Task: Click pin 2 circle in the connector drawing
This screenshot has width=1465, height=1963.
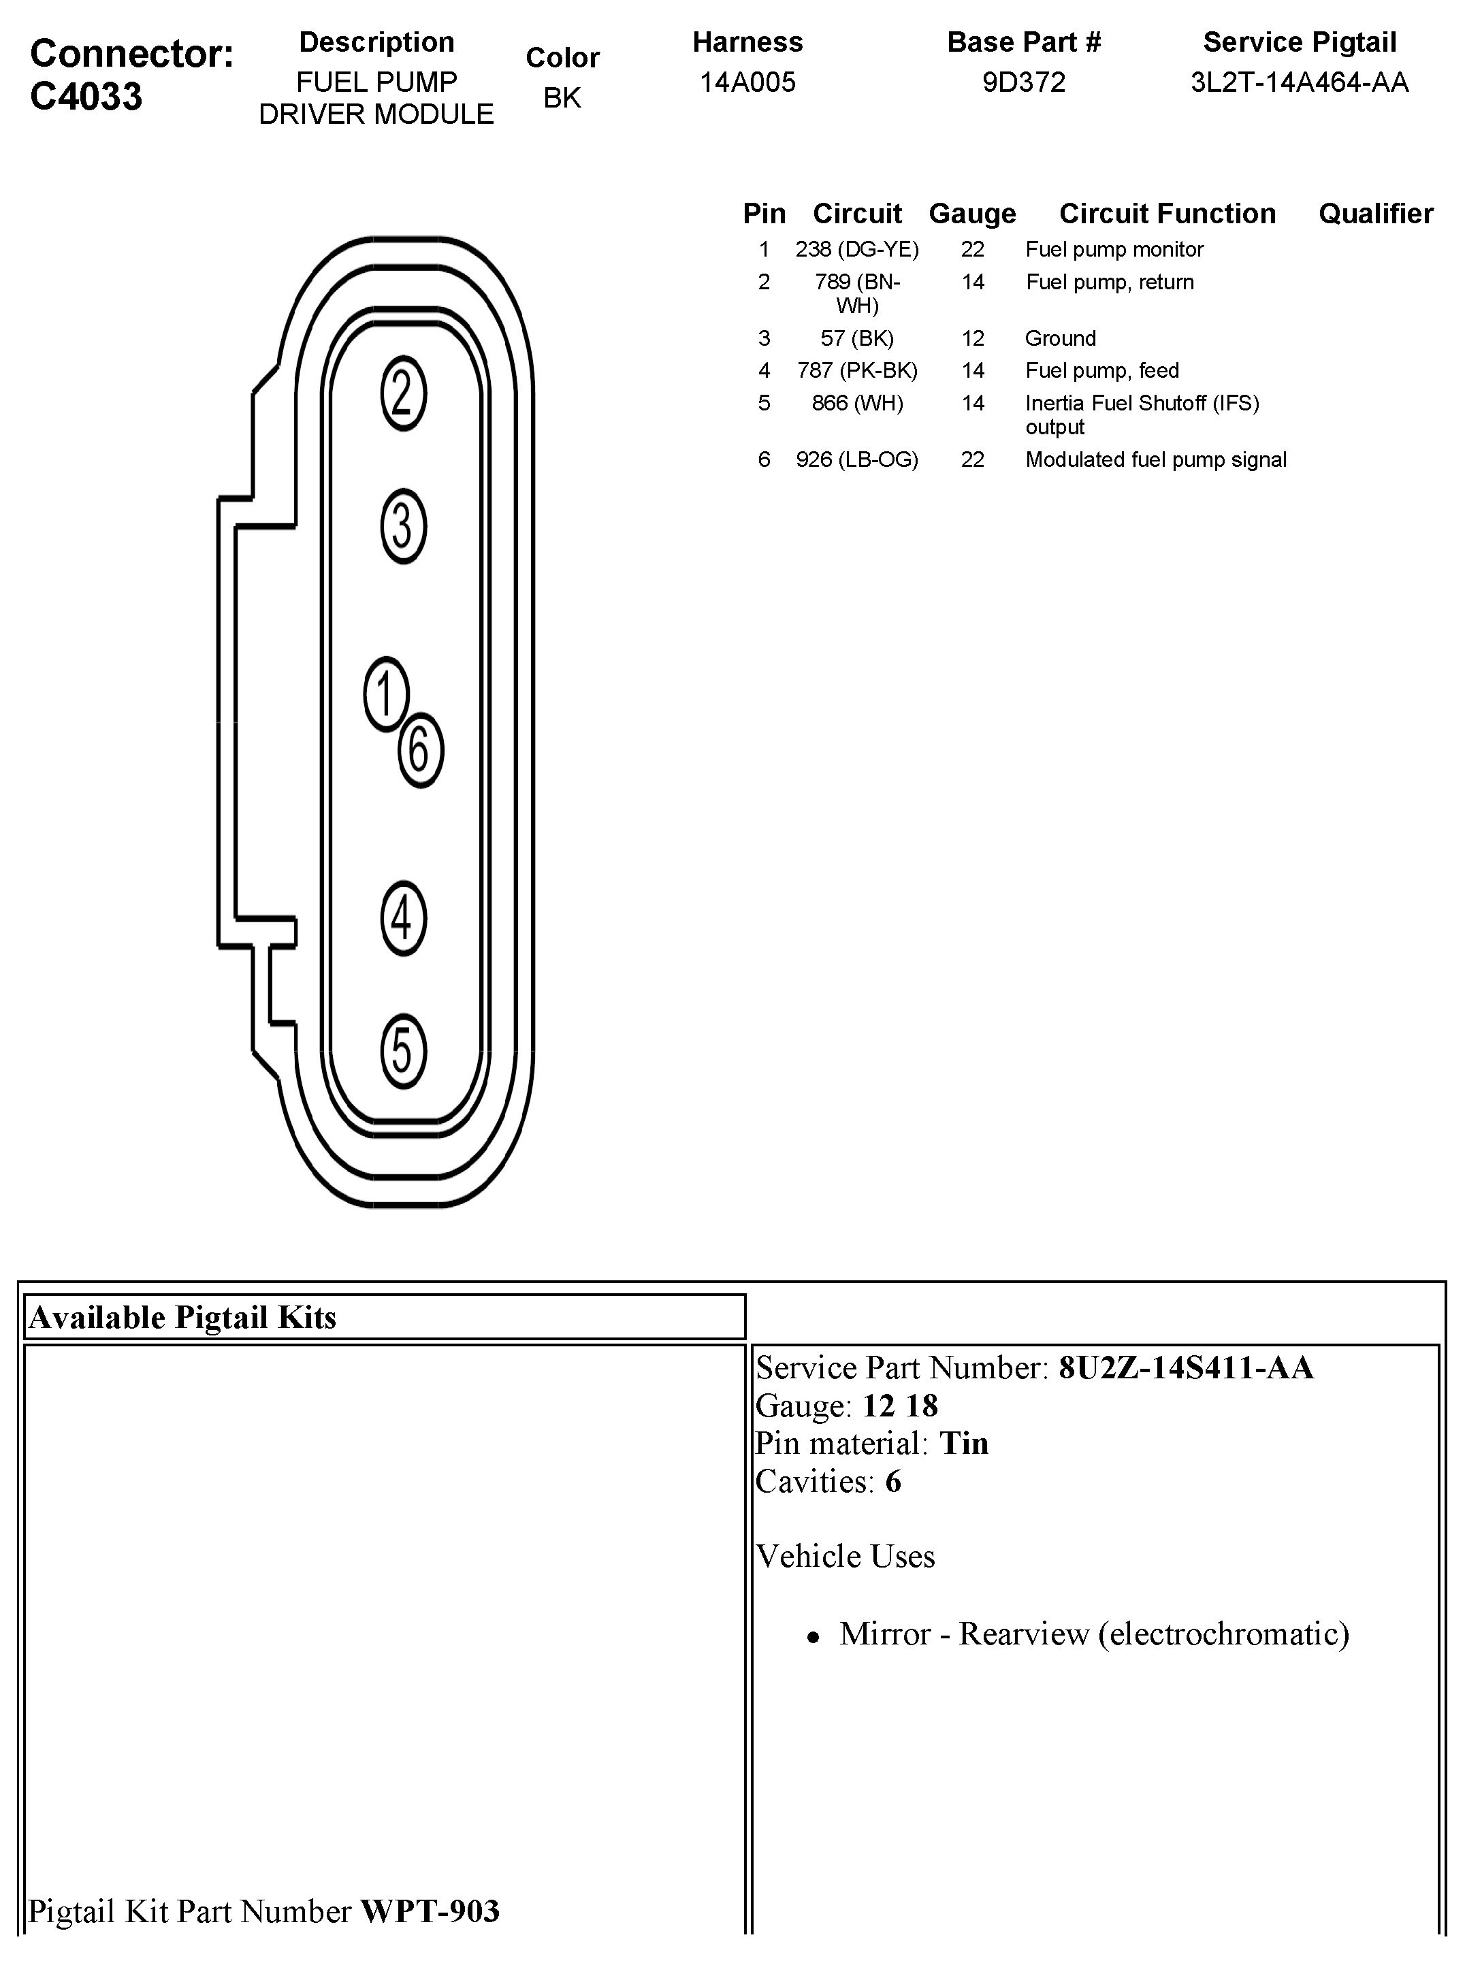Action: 404,393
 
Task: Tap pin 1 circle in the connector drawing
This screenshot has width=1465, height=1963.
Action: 386,694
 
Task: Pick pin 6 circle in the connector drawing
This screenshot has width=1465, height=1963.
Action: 420,750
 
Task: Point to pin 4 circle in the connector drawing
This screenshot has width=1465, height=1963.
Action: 404,918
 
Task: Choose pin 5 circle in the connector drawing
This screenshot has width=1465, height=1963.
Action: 404,1051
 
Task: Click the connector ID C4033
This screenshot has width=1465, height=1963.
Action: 86,97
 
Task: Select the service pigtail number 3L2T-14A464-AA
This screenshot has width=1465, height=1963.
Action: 1299,82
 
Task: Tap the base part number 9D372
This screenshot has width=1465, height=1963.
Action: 1023,82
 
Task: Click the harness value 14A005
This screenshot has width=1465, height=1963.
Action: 747,82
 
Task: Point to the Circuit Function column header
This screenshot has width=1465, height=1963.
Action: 1167,214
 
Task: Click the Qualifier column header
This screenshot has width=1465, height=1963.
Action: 1375,214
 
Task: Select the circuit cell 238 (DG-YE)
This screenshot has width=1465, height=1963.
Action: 856,250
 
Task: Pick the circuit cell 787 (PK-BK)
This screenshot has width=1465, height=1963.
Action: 856,370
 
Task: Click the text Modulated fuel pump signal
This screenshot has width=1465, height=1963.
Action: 1155,460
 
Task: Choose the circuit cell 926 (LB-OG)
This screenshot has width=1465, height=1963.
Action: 856,460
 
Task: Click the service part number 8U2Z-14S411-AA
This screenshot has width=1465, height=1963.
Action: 1186,1368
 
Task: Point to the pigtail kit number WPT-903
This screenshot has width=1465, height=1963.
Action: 430,1911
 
